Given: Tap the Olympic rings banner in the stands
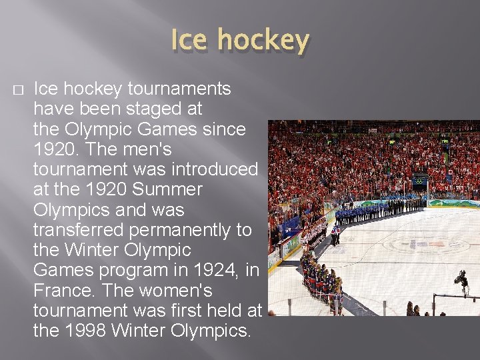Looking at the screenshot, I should click(x=419, y=180).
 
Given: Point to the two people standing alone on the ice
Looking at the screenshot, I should click(x=335, y=234).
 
